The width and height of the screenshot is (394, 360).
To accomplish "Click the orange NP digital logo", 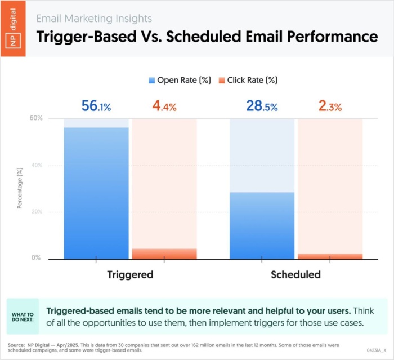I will (13, 28).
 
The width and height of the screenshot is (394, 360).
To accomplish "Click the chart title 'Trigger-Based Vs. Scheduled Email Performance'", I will (207, 37).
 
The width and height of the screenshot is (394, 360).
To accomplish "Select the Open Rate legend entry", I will (180, 81).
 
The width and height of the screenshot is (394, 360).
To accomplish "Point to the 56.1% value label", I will (96, 106).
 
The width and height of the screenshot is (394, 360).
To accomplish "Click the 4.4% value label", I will (164, 106).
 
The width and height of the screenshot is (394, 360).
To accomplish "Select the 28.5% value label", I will (262, 106).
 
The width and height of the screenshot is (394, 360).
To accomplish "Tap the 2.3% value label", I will (329, 106).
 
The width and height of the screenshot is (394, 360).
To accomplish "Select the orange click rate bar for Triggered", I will (164, 254).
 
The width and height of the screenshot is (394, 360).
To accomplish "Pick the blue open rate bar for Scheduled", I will (262, 225).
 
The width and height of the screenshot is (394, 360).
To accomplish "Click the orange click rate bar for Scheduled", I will (329, 256).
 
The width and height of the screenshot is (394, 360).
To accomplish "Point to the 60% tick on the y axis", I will (36, 118).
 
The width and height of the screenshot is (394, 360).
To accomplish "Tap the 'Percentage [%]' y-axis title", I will (20, 188).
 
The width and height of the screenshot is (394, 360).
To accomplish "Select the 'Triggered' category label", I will (130, 275).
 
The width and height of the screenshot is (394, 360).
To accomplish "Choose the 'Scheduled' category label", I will (295, 275).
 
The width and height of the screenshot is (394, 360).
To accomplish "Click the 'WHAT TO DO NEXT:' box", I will (23, 317).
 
